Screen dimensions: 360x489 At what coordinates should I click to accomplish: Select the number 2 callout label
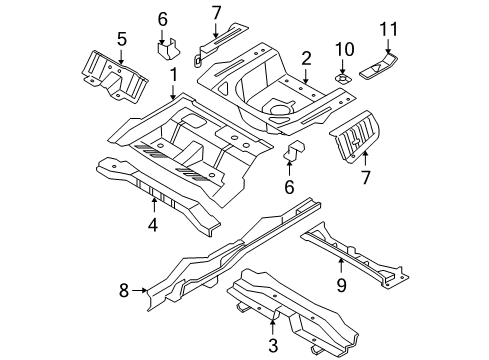click(x=307, y=57)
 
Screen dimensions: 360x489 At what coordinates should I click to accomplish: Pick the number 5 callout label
click(x=121, y=39)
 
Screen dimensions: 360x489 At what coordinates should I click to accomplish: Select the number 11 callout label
click(x=390, y=27)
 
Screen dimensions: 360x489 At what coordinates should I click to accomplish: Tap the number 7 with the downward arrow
click(x=216, y=12)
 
